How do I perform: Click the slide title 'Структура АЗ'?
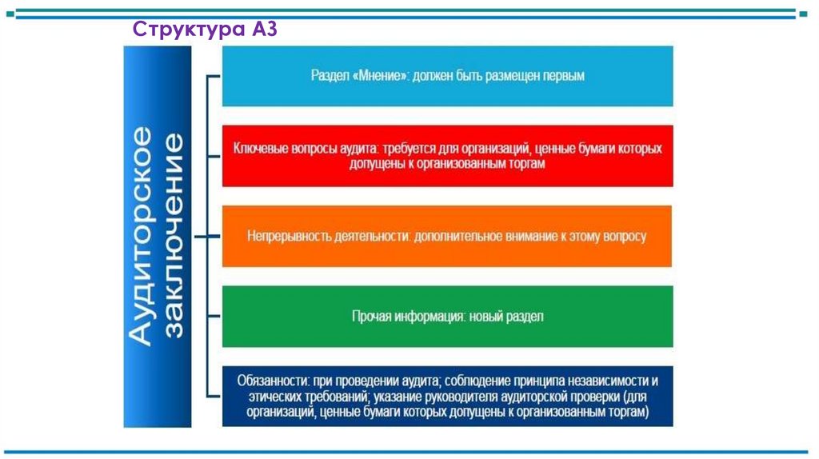pos(204,29)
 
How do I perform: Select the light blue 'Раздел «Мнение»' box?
pos(447,76)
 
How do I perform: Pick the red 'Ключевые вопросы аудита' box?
pos(447,156)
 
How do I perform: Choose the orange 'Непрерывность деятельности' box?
pos(447,237)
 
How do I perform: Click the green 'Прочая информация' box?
pos(447,317)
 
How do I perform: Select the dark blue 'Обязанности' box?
pos(447,397)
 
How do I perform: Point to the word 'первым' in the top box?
pos(564,76)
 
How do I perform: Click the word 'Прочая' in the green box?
pos(370,317)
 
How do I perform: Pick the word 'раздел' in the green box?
pos(525,317)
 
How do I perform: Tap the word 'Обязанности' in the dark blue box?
pos(268,381)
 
